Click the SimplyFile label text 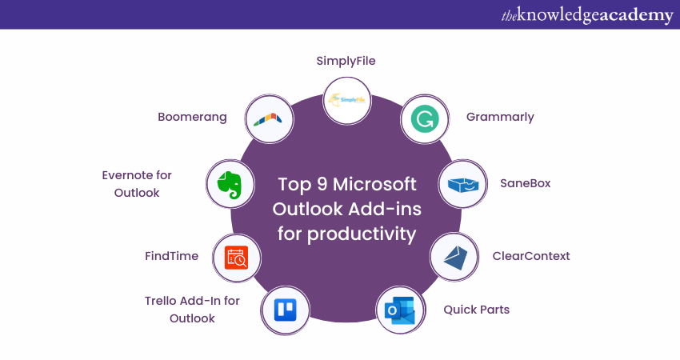point(346,60)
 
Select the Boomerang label point(192,117)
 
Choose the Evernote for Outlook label point(137,184)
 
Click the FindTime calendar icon point(237,257)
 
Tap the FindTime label point(171,256)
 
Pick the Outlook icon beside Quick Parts point(399,310)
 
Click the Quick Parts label point(477,309)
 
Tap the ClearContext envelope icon point(454,257)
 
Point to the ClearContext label point(531,256)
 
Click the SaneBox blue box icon point(463,184)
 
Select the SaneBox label point(526,183)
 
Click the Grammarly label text point(500,117)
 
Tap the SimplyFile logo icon point(346,100)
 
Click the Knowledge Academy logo point(586,15)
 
